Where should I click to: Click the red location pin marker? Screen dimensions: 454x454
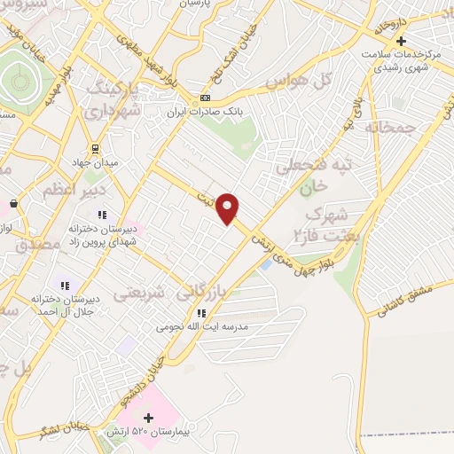click(228, 207)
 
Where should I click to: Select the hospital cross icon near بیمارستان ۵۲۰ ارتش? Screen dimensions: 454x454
click(149, 417)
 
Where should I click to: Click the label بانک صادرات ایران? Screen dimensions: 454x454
click(206, 112)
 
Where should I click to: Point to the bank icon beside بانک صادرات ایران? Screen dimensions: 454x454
click(206, 98)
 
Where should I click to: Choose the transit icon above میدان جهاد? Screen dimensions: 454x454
click(96, 149)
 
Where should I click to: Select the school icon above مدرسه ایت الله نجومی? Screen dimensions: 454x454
click(201, 312)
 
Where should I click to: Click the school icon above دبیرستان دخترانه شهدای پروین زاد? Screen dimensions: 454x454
click(102, 214)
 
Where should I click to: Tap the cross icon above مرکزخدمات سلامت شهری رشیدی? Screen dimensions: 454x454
click(402, 41)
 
